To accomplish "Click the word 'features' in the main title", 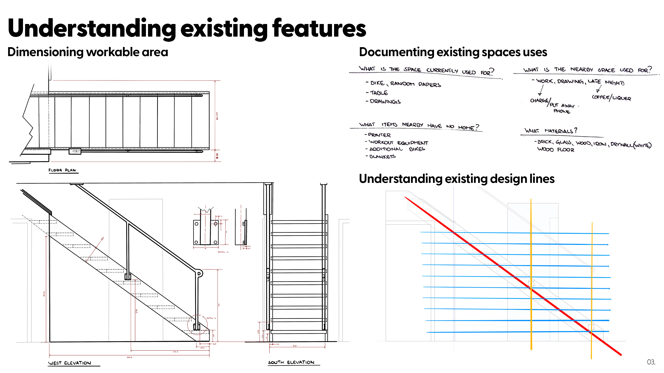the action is pyautogui.click(x=319, y=28).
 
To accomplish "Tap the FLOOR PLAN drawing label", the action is pyautogui.click(x=62, y=170).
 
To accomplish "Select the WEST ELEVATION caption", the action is pyautogui.click(x=70, y=363).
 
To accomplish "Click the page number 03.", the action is pyautogui.click(x=651, y=362).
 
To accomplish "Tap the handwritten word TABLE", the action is pyautogui.click(x=379, y=93).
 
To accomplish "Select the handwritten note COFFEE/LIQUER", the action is pyautogui.click(x=611, y=98).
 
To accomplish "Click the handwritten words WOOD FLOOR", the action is pyautogui.click(x=555, y=150).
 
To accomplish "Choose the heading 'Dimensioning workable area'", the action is pyautogui.click(x=88, y=52).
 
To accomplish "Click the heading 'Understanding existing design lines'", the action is pyautogui.click(x=456, y=179).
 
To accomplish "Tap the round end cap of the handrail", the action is pyautogui.click(x=199, y=273).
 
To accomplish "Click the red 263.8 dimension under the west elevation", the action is pyautogui.click(x=129, y=357).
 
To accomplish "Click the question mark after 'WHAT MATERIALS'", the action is pyautogui.click(x=576, y=130).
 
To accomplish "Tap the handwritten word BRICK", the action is pyautogui.click(x=545, y=142).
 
